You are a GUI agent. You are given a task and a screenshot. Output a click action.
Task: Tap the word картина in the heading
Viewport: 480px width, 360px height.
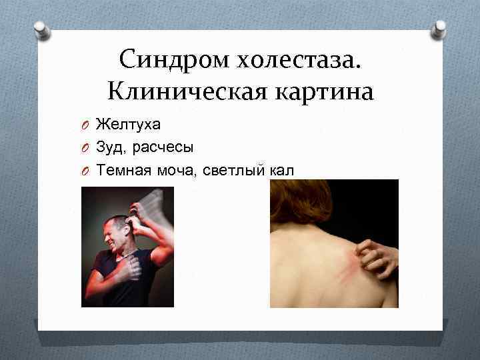click(321, 90)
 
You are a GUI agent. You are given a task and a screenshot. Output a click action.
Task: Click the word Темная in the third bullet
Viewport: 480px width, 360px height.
click(125, 171)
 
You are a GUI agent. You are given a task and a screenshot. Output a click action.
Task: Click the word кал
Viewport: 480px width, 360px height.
click(281, 171)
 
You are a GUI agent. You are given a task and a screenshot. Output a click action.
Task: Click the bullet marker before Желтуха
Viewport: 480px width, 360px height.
click(86, 125)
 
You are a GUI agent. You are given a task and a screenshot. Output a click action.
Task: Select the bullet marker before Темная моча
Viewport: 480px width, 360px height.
click(86, 171)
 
